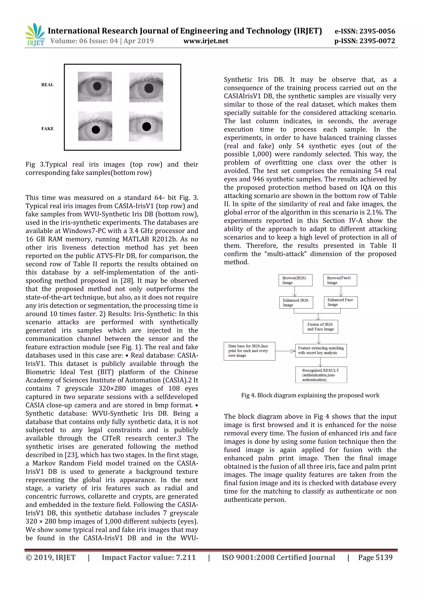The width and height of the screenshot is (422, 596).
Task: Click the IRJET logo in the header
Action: coord(35,35)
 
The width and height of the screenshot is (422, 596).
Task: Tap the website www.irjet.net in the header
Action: coord(206,41)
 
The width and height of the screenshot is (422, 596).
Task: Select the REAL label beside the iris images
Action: coord(47,85)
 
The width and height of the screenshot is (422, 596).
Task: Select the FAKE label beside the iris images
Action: coord(47,128)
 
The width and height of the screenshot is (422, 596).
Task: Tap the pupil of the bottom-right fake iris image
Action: coord(147,127)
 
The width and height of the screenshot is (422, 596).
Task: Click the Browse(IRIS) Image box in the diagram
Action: coord(295,280)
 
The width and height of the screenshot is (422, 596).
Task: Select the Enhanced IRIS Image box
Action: coord(296,302)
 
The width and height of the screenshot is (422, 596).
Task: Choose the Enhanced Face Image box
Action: coord(341,302)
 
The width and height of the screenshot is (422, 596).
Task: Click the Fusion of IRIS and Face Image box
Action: coord(320,327)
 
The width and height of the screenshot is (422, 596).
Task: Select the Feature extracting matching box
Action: coord(321,350)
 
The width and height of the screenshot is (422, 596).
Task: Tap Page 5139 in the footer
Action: coord(375,558)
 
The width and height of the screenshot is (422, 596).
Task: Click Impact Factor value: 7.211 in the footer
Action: coord(149,558)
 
